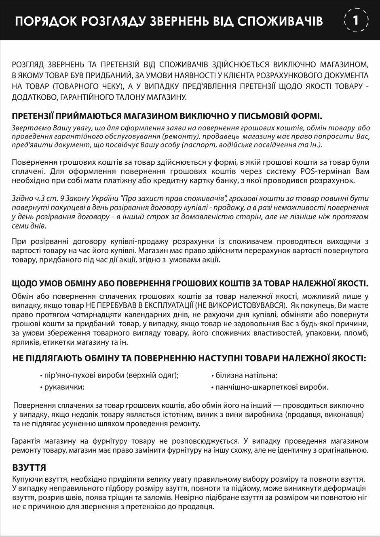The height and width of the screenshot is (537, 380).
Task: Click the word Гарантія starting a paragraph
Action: pos(27,441)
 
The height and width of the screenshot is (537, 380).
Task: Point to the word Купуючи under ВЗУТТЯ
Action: pos(28,479)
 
